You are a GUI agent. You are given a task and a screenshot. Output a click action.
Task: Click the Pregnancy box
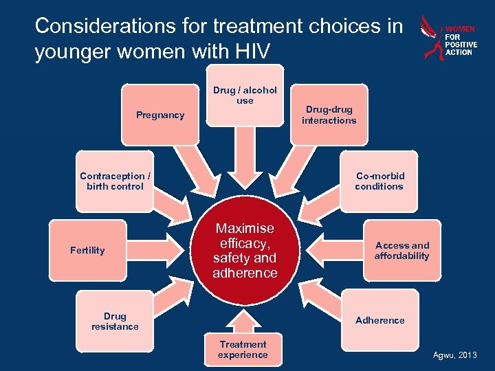pyautogui.click(x=159, y=115)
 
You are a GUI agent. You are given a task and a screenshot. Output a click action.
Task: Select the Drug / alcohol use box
pyautogui.click(x=245, y=95)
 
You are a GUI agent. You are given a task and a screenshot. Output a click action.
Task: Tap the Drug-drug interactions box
pyautogui.click(x=329, y=115)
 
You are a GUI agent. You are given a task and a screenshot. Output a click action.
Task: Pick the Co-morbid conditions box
pyautogui.click(x=379, y=181)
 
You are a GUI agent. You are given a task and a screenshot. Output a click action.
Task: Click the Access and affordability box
pyautogui.click(x=401, y=250)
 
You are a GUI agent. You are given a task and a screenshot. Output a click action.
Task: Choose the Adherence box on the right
pyautogui.click(x=379, y=320)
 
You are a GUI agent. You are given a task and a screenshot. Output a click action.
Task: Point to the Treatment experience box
pyautogui.click(x=243, y=349)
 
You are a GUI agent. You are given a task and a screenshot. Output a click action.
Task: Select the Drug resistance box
pyautogui.click(x=115, y=322)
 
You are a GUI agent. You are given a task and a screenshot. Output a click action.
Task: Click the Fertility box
pyautogui.click(x=87, y=250)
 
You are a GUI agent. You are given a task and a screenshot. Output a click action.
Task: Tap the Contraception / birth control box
pyautogui.click(x=111, y=181)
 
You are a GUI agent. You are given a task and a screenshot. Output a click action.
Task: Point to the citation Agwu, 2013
pyautogui.click(x=454, y=355)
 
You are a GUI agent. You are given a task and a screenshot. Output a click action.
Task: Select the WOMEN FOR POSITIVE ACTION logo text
pyautogui.click(x=461, y=41)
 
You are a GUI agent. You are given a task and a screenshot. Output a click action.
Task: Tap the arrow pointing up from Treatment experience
pyautogui.click(x=243, y=319)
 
